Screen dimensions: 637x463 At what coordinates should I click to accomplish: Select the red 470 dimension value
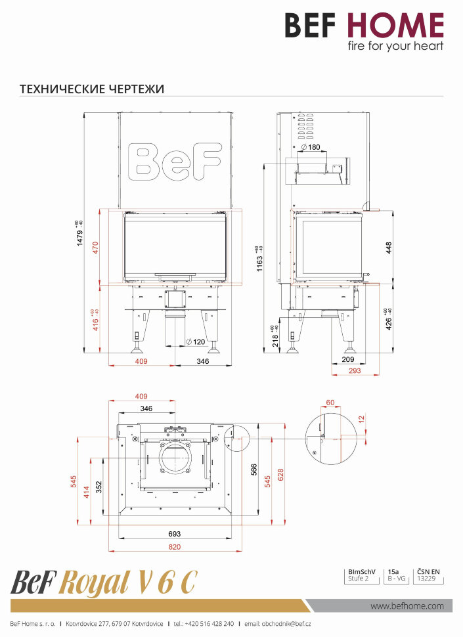(95, 248)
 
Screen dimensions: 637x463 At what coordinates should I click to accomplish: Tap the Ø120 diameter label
(196, 342)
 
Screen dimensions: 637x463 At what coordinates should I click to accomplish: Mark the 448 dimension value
(388, 247)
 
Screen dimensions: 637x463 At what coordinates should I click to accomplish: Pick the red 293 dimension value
(355, 371)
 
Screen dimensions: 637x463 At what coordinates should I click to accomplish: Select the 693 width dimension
(174, 534)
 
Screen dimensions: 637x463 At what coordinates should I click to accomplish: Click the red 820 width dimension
(174, 546)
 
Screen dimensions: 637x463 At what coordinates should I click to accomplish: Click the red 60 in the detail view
(330, 403)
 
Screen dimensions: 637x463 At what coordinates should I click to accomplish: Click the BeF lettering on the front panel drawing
(174, 160)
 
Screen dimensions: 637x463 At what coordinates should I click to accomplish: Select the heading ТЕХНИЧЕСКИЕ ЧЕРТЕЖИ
(92, 88)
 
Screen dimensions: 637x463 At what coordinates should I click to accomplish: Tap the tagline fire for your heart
(395, 46)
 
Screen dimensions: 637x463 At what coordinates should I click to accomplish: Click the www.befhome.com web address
(407, 605)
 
